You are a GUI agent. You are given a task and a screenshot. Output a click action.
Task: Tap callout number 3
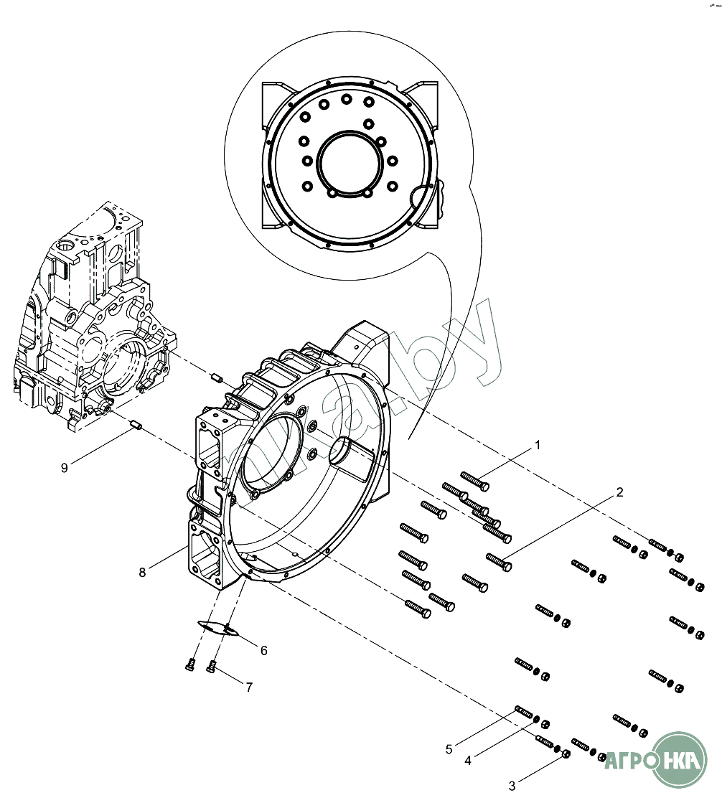coord(512,786)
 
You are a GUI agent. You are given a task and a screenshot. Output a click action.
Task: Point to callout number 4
coord(468,761)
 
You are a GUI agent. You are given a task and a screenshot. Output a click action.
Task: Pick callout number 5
coord(449,749)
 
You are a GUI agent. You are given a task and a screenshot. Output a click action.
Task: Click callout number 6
coord(263,650)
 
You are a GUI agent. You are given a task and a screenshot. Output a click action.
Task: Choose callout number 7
coord(249,687)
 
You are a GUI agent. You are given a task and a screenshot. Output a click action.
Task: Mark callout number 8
coord(143,572)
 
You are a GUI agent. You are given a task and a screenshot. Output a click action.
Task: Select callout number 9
coord(65,468)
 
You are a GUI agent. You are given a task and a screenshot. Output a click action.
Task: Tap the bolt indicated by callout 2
coord(499,561)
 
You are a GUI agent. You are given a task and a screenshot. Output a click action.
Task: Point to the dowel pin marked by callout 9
coord(136,427)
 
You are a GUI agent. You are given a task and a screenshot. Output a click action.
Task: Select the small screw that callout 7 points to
coord(212,668)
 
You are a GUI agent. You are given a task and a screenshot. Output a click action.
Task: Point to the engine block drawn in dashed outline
coord(86,323)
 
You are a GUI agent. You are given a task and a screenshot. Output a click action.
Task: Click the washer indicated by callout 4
coord(546,723)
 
